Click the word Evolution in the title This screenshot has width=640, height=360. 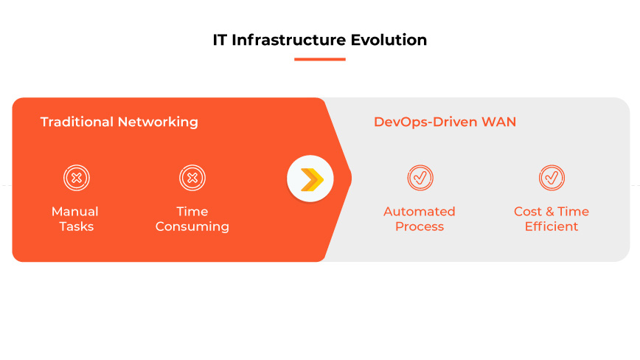tap(390, 40)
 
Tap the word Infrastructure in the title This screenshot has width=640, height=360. tap(290, 40)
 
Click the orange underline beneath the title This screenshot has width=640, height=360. tap(319, 59)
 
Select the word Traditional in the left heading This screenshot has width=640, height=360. tap(77, 122)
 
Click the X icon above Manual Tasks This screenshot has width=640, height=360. tap(76, 178)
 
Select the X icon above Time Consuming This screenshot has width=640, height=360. tap(192, 178)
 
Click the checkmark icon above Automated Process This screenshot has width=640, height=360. tap(420, 178)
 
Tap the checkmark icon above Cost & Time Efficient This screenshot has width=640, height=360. tap(552, 178)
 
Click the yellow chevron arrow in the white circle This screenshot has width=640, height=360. tap(311, 179)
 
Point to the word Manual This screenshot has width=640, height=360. tap(75, 212)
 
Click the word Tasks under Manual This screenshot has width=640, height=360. tap(76, 226)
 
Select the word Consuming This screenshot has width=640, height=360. tap(192, 226)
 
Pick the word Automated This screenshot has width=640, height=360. tap(420, 212)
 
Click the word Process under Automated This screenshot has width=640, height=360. tap(420, 226)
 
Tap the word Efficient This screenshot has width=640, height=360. tap(552, 226)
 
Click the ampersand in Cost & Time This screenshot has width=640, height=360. tap(549, 212)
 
